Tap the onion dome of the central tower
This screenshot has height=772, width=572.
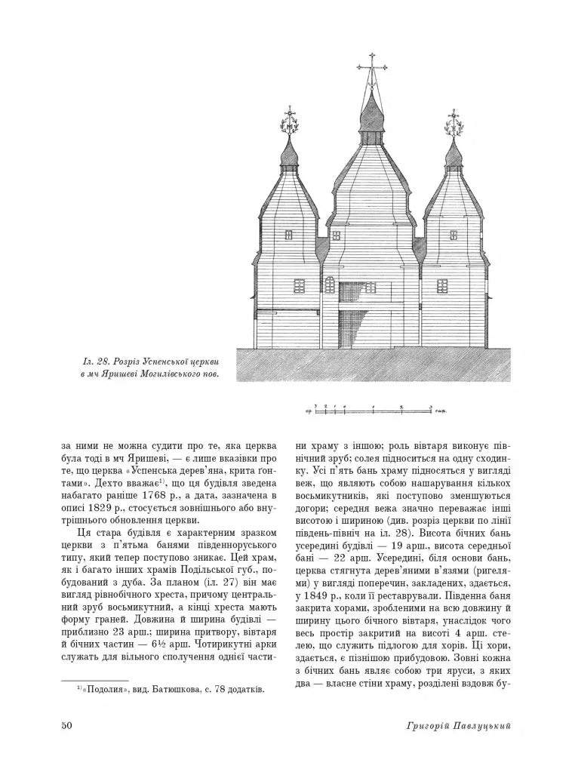[371, 113]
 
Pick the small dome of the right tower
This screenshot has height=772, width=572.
[454, 155]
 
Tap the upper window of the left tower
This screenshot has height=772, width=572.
[289, 235]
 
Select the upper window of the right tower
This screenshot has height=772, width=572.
[454, 235]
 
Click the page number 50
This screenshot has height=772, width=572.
[66, 725]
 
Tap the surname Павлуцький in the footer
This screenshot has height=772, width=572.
[481, 725]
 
